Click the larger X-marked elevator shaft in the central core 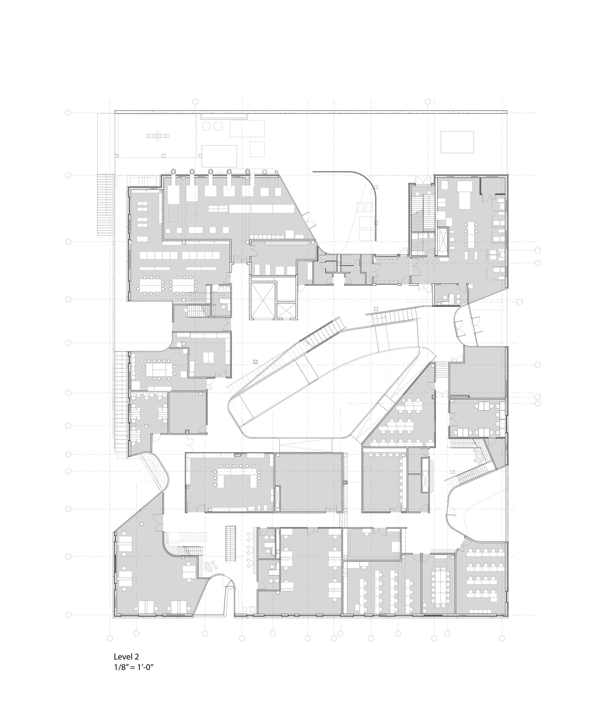click(x=263, y=300)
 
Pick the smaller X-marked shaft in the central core click(x=287, y=310)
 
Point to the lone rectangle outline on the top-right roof click(x=457, y=142)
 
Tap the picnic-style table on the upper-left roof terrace click(x=158, y=136)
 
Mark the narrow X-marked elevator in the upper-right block click(x=443, y=242)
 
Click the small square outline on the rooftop click(x=257, y=149)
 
